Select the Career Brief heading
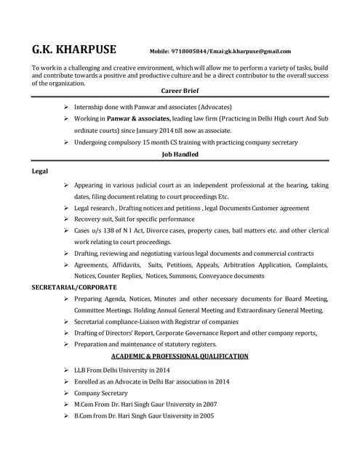[180, 91]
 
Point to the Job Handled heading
[180, 154]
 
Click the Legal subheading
[40, 171]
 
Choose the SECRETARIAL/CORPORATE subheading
[73, 287]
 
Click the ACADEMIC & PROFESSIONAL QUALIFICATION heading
[180, 356]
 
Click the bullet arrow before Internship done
[67, 106]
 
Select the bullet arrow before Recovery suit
[67, 219]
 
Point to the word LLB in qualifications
[81, 370]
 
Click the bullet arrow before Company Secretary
[67, 393]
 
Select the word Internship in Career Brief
[91, 106]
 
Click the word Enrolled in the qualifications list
[87, 381]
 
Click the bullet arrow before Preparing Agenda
[67, 299]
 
